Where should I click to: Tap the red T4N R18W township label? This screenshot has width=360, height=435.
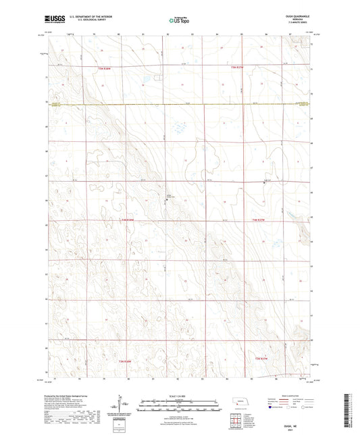[128, 220]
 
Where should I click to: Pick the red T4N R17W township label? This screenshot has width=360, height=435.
[259, 220]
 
